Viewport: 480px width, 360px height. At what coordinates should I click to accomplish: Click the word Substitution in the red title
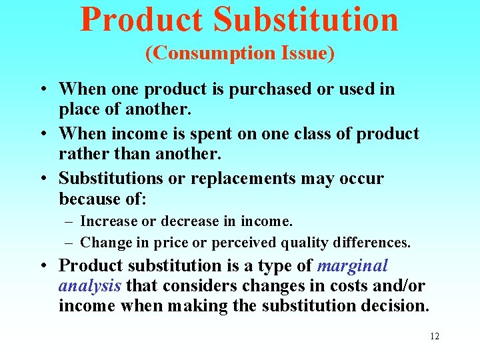(306, 19)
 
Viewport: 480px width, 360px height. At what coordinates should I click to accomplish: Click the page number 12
(434, 336)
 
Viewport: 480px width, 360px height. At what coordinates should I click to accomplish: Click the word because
(91, 199)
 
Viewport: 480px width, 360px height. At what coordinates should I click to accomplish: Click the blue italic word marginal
(352, 265)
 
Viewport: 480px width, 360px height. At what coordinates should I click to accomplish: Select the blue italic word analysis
(89, 286)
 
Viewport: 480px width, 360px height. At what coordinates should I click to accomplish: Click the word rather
(81, 153)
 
